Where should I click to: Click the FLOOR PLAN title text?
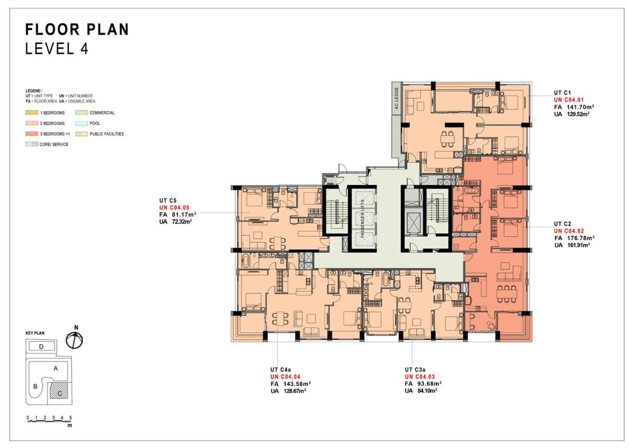[x=77, y=29]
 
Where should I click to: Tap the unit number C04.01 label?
[x=568, y=100]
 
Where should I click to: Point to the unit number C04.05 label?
[x=174, y=208]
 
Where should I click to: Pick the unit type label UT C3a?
[x=415, y=370]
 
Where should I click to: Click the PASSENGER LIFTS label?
[x=362, y=219]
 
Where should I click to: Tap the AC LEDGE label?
[x=396, y=98]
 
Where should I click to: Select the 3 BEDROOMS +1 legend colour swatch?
[x=32, y=134]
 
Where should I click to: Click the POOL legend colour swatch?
[x=81, y=123]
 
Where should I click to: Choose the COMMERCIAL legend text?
[x=102, y=112]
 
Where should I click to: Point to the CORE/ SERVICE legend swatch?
[x=32, y=144]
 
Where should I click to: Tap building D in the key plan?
[x=42, y=346]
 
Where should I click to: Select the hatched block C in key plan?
[x=59, y=391]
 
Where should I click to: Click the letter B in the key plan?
[x=35, y=387]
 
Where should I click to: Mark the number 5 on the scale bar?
[x=70, y=418]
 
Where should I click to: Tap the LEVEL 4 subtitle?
[x=57, y=49]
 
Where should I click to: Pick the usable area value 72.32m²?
[x=182, y=221]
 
